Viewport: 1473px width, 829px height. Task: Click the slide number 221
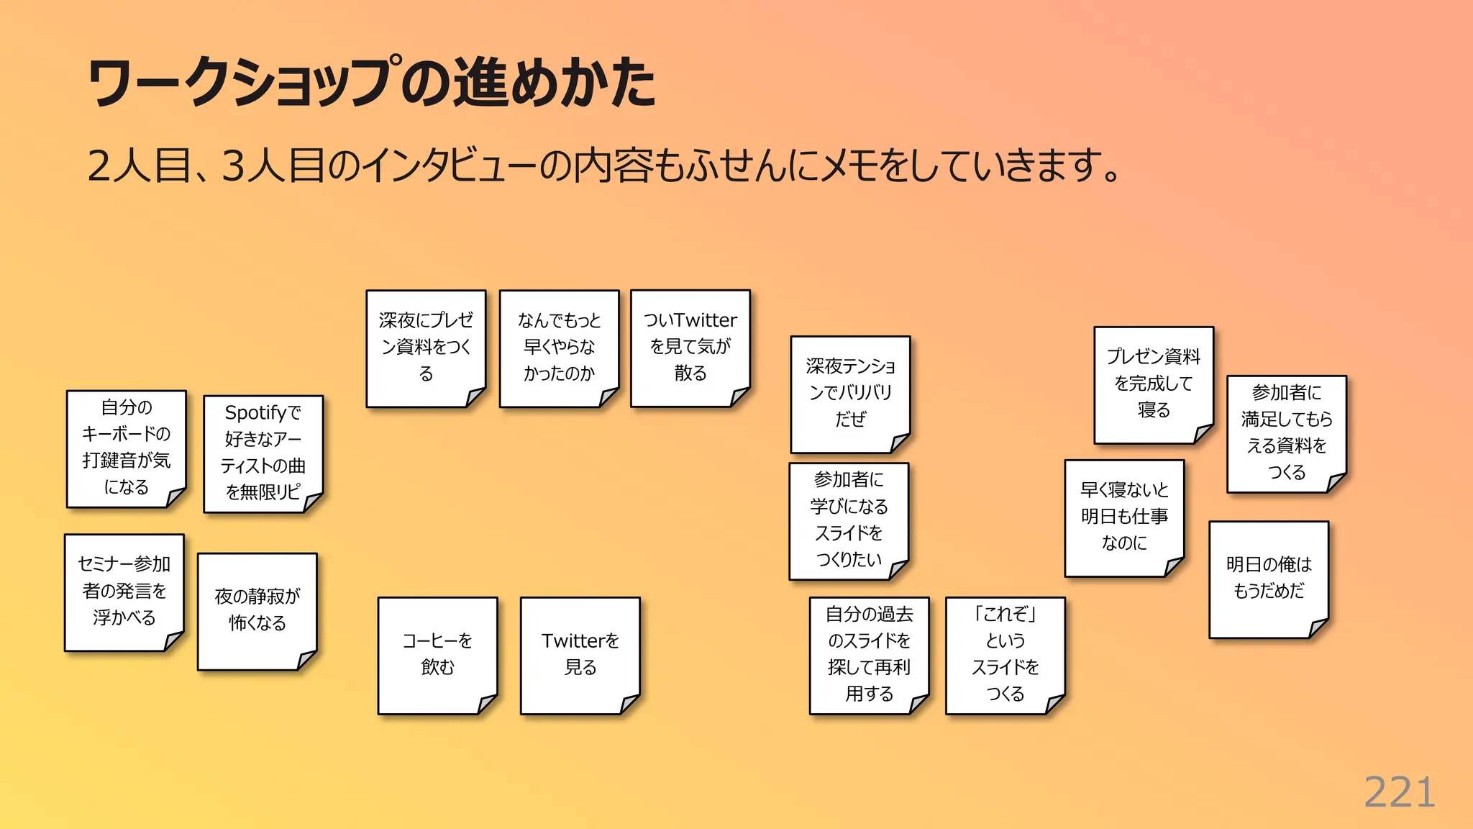1399,793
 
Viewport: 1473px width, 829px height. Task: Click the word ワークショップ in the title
245,82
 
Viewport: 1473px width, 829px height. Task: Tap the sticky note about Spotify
263,453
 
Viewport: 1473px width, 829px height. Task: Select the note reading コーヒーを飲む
437,655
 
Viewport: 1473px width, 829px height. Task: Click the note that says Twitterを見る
580,655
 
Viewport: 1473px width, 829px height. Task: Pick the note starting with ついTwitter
690,348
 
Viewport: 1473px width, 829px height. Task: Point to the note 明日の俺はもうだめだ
1269,579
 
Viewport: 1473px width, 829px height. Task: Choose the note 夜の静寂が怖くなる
257,610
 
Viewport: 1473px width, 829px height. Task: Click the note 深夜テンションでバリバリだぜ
850,394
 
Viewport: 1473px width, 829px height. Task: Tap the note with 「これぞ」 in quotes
1005,655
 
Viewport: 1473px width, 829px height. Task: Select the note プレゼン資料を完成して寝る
1154,384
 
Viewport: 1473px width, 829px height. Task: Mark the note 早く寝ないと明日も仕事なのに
1123,517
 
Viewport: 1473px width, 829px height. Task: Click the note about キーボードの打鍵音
126,448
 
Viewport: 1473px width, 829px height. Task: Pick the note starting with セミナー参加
124,592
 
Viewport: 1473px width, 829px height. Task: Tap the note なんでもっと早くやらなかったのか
559,348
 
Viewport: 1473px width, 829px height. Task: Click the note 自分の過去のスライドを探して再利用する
869,655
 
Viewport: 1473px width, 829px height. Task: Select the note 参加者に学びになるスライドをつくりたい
849,520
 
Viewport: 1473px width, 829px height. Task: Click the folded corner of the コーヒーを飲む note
488,703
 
